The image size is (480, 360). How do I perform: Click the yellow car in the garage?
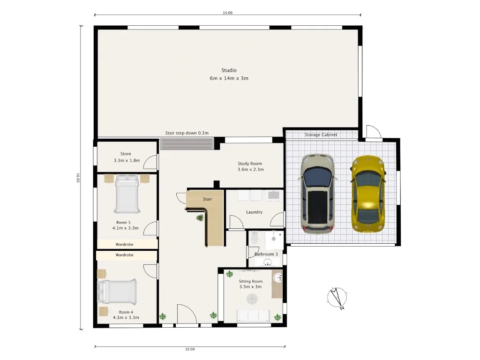[x=368, y=193]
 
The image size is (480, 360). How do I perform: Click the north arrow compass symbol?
[x=337, y=298]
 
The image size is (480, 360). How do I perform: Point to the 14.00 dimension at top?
[x=228, y=13]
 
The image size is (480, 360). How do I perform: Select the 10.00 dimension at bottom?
[x=189, y=349]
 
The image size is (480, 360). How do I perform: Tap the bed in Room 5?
[x=127, y=194]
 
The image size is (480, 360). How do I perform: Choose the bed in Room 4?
[x=117, y=292]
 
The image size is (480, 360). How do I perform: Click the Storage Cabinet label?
[x=321, y=135]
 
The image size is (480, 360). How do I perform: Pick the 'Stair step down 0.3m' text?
[x=187, y=133]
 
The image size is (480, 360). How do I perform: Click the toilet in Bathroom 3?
[x=254, y=239]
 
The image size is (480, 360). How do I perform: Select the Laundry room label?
[x=254, y=212]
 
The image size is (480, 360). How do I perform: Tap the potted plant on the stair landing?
[x=200, y=217]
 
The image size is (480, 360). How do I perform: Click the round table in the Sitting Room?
[x=253, y=299]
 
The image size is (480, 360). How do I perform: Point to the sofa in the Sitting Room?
[x=253, y=315]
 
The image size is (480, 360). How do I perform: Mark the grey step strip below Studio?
[x=187, y=143]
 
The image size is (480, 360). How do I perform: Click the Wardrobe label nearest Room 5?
[x=125, y=244]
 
